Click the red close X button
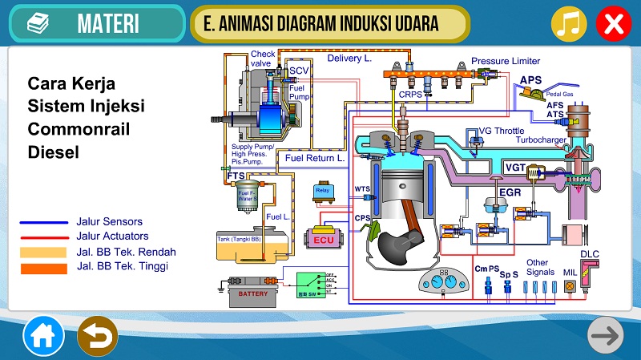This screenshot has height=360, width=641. click(613, 24)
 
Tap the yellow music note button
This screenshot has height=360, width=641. click(568, 24)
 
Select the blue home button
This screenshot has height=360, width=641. click(42, 336)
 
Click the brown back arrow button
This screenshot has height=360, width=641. click(97, 336)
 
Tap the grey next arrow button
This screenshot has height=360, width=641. click(606, 336)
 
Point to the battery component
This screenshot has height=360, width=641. click(254, 293)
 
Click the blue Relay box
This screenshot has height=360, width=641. click(323, 192)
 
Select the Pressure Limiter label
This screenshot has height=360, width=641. click(506, 61)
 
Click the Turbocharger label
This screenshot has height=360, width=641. click(542, 140)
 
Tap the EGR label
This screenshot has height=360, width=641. click(510, 193)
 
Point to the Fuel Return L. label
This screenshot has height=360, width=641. click(315, 158)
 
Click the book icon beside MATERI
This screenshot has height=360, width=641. click(38, 24)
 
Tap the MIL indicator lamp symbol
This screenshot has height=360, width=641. click(570, 285)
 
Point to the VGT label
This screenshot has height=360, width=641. click(514, 167)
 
